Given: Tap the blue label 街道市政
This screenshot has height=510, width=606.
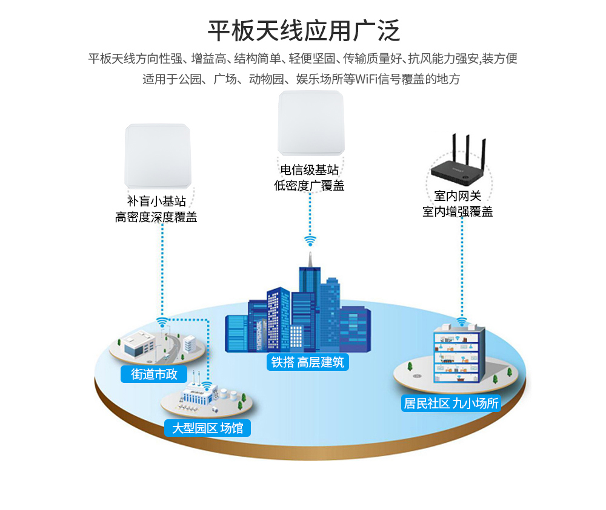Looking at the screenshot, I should point(154,374).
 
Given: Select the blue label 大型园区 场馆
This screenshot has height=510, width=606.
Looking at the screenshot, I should point(207,428).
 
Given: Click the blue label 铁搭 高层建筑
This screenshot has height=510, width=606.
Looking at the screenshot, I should point(307,362).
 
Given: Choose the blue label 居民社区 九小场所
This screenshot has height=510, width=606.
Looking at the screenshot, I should point(451,403).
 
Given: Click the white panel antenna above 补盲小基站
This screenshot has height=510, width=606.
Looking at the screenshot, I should point(157,155).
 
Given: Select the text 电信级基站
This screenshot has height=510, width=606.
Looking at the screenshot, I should point(309,170).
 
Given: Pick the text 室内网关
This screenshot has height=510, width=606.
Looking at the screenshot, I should point(458,196).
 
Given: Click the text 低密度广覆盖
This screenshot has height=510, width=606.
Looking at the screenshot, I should point(309,186).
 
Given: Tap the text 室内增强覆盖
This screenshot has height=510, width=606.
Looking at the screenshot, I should point(458,212).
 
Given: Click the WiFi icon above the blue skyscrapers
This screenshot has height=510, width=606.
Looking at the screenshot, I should point(310,241).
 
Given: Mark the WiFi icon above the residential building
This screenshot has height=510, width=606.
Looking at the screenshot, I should point(462,321).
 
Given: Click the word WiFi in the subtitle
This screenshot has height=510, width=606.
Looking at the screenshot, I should point(367,79).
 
